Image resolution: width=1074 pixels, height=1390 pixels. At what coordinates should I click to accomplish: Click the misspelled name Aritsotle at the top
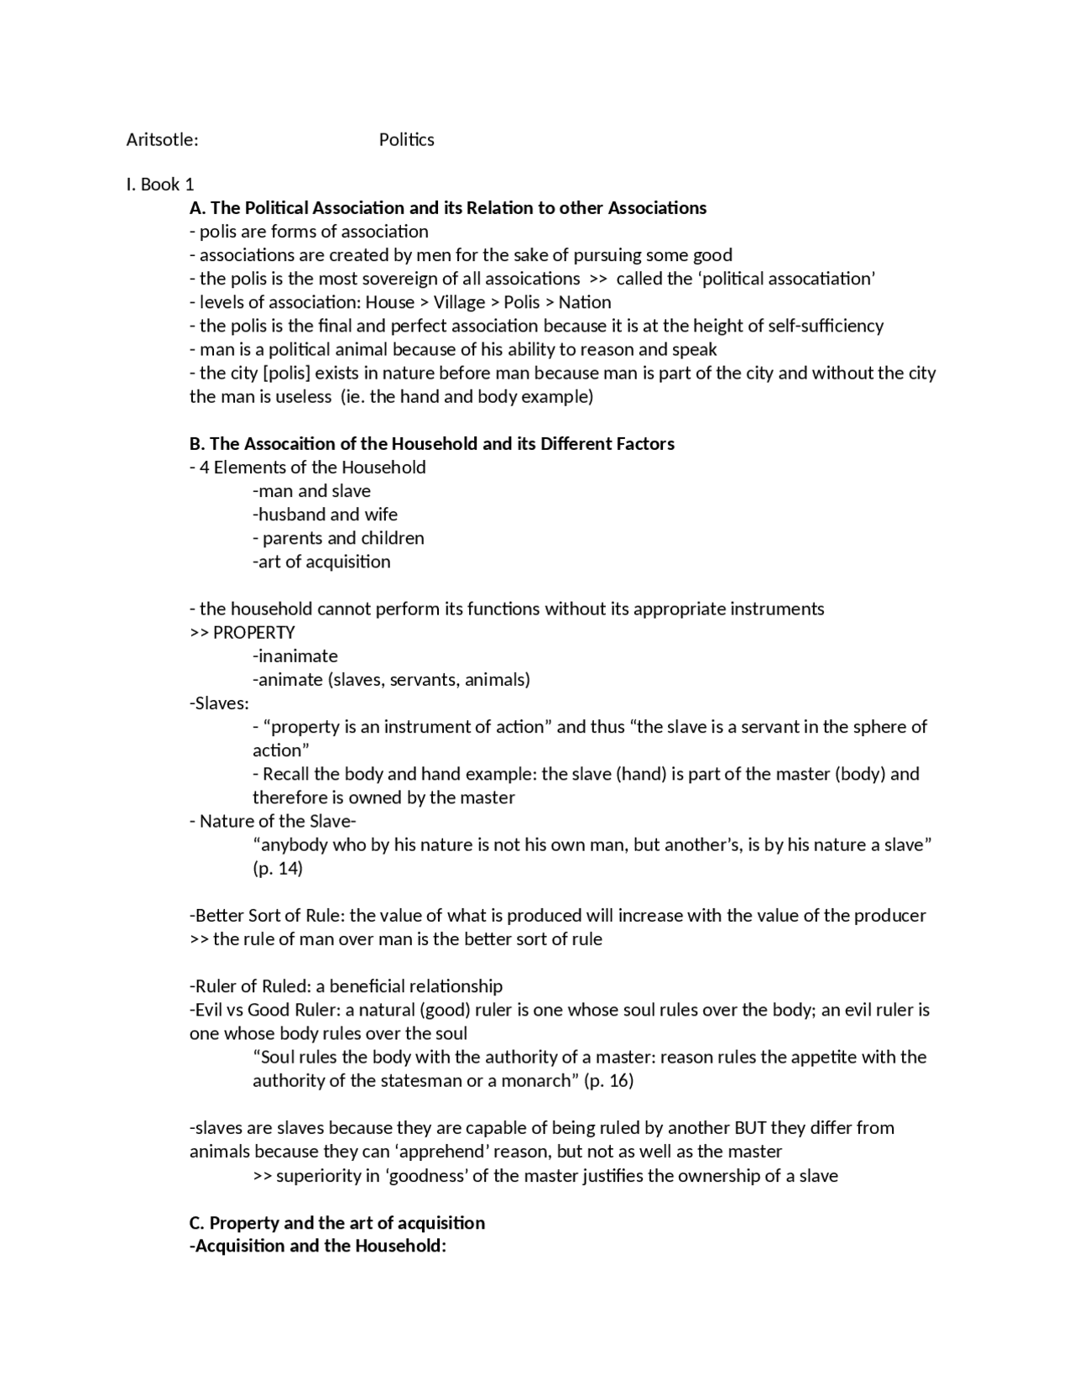point(162,139)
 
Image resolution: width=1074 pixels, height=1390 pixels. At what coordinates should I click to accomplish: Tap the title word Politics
point(406,139)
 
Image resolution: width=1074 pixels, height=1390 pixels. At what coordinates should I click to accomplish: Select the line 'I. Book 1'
point(159,184)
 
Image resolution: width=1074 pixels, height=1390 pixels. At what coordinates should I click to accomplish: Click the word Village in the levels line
point(459,302)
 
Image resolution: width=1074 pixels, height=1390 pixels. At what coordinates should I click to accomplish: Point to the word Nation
point(585,302)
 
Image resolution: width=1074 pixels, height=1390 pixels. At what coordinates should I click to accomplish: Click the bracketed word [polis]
point(287,373)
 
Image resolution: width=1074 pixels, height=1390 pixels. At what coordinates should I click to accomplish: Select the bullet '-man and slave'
point(311,491)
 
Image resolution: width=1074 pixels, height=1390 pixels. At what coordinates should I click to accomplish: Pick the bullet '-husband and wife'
point(325,515)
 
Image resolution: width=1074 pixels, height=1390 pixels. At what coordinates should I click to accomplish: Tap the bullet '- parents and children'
point(338,538)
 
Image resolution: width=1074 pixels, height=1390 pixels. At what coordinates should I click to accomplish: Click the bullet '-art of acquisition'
point(321,562)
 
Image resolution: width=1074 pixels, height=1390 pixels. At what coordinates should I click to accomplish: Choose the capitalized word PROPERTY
point(254,632)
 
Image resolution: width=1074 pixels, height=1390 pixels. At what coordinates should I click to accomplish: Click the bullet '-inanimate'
point(295,656)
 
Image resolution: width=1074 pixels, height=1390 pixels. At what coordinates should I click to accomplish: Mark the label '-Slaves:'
point(219,703)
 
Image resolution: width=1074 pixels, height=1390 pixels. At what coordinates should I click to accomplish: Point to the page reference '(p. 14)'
point(278,868)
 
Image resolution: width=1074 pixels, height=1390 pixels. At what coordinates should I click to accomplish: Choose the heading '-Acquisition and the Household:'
point(318,1246)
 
